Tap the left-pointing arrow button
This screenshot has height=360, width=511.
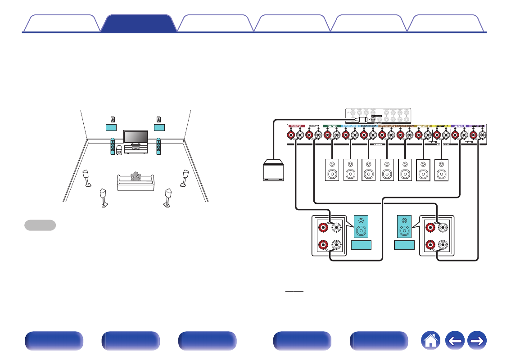coord(455,342)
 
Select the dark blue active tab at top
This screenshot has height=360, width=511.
coord(139,23)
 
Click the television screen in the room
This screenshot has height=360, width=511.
coord(136,137)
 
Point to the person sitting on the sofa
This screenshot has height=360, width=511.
coord(135,176)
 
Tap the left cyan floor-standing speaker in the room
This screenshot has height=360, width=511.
coord(113,146)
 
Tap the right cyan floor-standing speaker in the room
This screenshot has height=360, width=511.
coord(158,146)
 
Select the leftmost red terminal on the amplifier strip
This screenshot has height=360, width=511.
coord(291,135)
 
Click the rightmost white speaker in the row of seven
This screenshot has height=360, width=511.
coord(442,170)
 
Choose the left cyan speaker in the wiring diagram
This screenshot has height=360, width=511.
coord(361,226)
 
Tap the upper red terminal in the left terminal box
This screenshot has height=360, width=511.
coord(322,228)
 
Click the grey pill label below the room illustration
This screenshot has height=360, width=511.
coord(40,225)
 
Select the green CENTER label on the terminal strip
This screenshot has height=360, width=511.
coord(332,126)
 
